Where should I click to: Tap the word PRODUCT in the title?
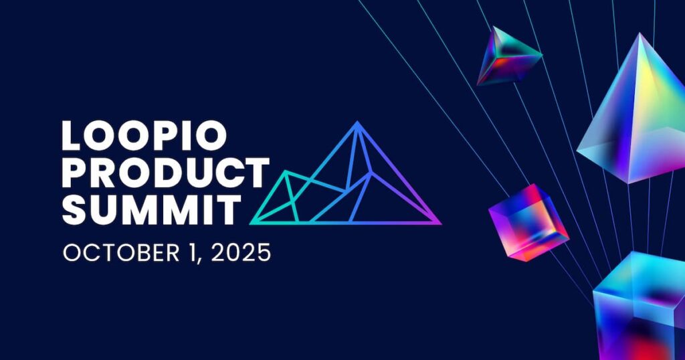point(165,173)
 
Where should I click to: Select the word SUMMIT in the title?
point(151,209)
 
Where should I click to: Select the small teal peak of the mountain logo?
point(286,173)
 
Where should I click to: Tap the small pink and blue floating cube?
point(528,221)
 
